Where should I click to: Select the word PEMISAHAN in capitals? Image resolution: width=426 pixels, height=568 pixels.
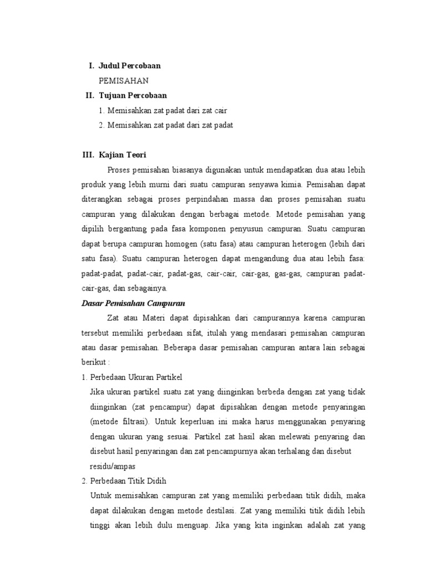coord(124,80)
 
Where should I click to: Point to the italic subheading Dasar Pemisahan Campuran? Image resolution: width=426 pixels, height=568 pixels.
coord(133,303)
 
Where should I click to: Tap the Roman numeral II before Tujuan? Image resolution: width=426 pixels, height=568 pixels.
coord(90,95)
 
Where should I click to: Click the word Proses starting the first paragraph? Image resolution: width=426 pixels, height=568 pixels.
coord(119,169)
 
